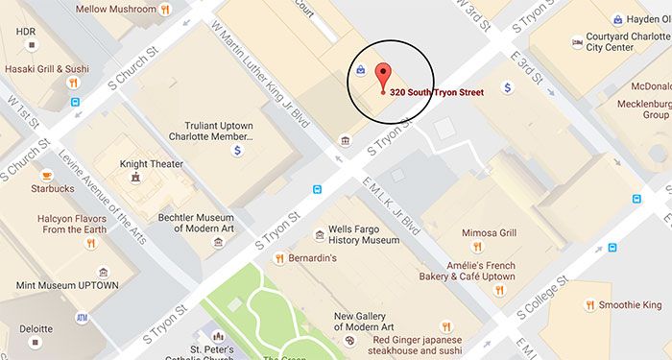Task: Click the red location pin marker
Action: pyautogui.click(x=383, y=75)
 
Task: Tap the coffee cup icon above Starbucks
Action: pyautogui.click(x=46, y=175)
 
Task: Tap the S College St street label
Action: pyautogui.click(x=543, y=297)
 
